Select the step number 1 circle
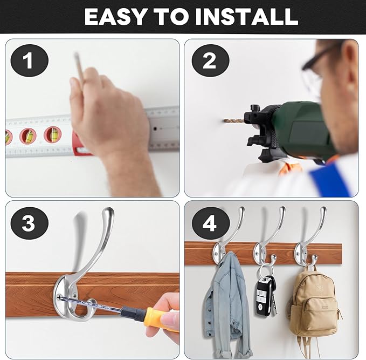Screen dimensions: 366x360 click(x=30, y=60)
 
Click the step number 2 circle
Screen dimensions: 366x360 click(x=210, y=60)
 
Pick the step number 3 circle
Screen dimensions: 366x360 click(x=30, y=223)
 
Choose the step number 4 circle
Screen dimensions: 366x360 click(x=210, y=223)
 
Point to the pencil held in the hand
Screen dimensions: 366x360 click(x=79, y=66)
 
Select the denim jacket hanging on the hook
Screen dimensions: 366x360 click(x=226, y=304)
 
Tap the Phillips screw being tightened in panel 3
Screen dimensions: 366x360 click(x=59, y=297)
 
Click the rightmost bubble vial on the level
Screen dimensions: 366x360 click(x=52, y=134)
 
